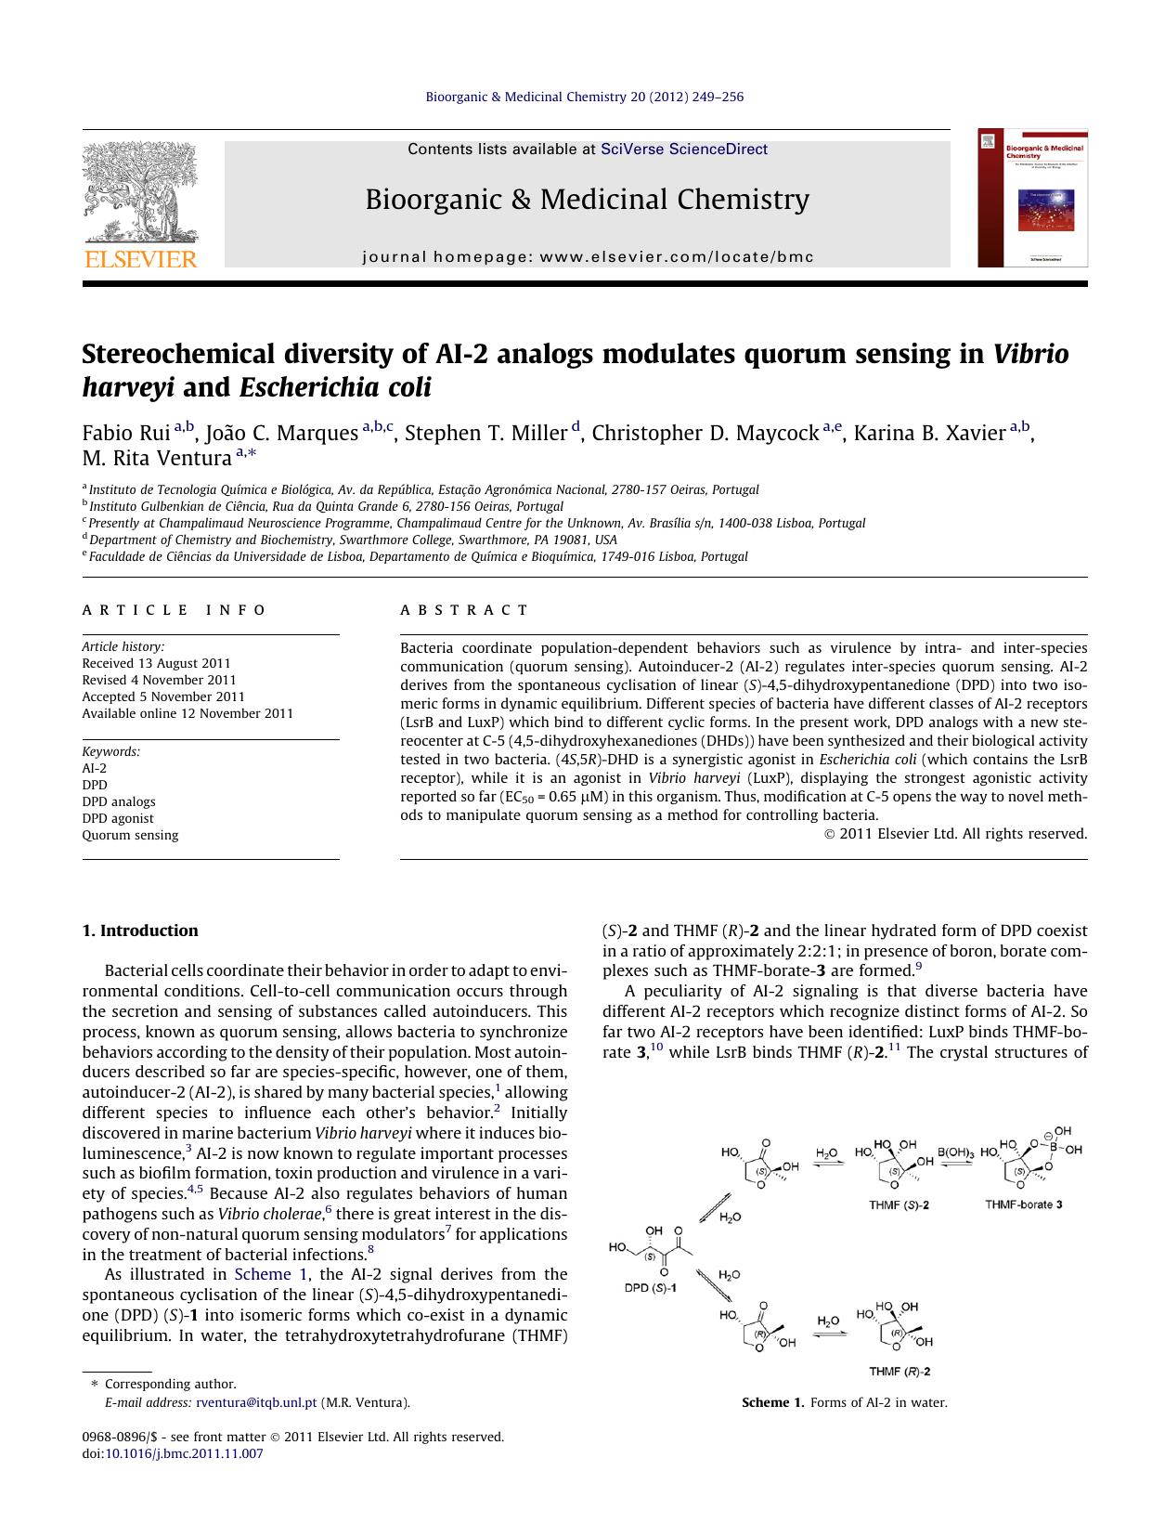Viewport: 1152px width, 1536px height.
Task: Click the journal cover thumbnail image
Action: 1032,198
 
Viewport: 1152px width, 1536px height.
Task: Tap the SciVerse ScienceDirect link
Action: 684,149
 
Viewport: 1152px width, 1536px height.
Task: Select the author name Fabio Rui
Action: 126,434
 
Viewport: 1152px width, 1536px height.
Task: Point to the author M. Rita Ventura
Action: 156,458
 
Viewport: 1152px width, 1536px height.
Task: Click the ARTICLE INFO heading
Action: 175,610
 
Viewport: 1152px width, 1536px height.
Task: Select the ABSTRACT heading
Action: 464,610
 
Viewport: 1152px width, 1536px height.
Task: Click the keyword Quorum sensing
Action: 130,835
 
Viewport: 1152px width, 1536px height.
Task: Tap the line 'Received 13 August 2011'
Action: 156,663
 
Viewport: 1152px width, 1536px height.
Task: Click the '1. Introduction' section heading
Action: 140,931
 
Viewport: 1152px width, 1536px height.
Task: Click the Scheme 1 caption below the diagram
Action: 844,1402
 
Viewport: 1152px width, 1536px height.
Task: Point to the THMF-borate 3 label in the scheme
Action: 1023,1204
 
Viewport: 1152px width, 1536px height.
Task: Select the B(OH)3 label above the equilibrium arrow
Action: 955,1152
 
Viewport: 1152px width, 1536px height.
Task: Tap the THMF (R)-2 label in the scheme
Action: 900,1371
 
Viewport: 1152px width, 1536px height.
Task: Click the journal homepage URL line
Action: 588,256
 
